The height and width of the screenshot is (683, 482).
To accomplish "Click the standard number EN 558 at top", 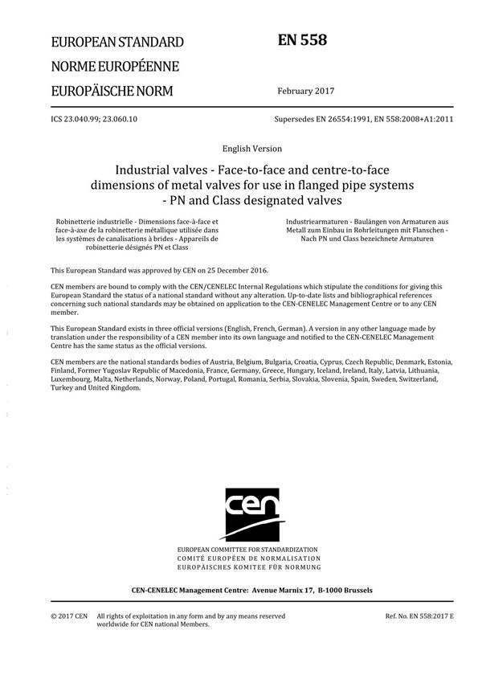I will tap(301, 39).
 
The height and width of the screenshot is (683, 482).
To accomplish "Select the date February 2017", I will tap(304, 90).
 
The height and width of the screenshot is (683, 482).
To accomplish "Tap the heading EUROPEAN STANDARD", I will tap(116, 42).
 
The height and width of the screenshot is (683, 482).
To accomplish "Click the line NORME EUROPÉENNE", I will tap(115, 66).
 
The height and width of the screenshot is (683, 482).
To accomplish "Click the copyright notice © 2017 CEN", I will tap(69, 616).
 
